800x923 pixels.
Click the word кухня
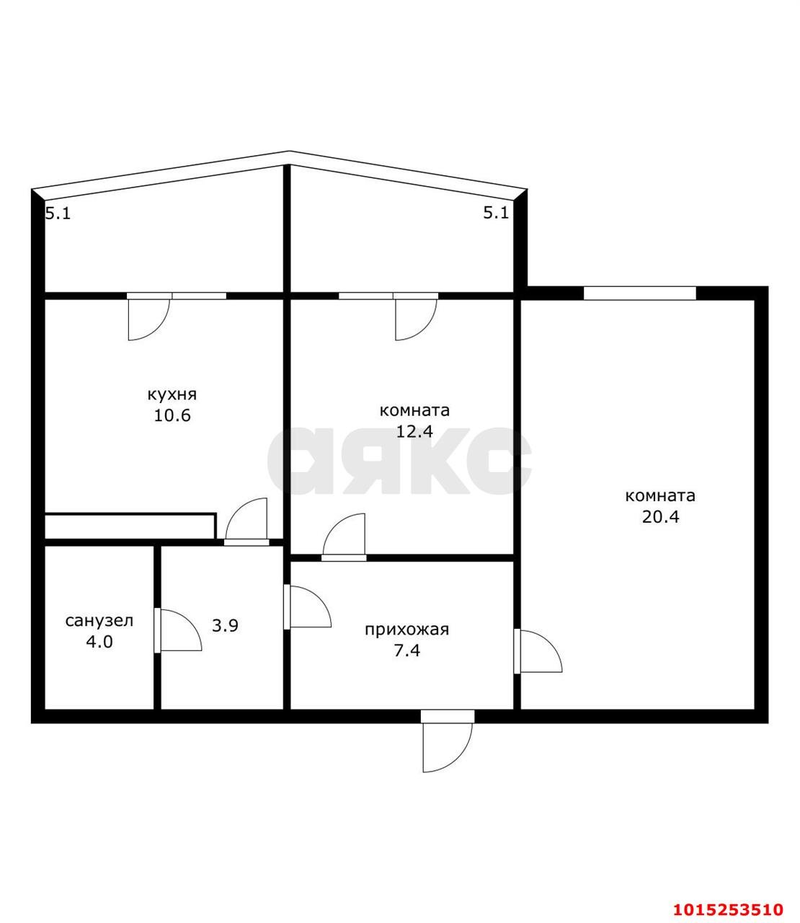pyautogui.click(x=172, y=395)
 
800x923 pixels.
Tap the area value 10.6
pyautogui.click(x=172, y=416)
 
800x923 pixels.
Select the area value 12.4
pyautogui.click(x=414, y=431)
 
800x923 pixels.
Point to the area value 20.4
pyautogui.click(x=660, y=516)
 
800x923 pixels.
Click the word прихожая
pyautogui.click(x=406, y=630)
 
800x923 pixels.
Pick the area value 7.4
pyautogui.click(x=406, y=650)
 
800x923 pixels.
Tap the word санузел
pyautogui.click(x=99, y=620)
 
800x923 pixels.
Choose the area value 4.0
pyautogui.click(x=99, y=641)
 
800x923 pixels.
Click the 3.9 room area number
pyautogui.click(x=225, y=626)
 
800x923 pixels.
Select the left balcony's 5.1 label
pyautogui.click(x=58, y=213)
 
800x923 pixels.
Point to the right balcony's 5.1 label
pyautogui.click(x=496, y=213)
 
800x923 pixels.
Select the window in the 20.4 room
pyautogui.click(x=639, y=293)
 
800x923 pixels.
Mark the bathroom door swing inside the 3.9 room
pyautogui.click(x=179, y=631)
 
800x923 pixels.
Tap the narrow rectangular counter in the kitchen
pyautogui.click(x=130, y=525)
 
